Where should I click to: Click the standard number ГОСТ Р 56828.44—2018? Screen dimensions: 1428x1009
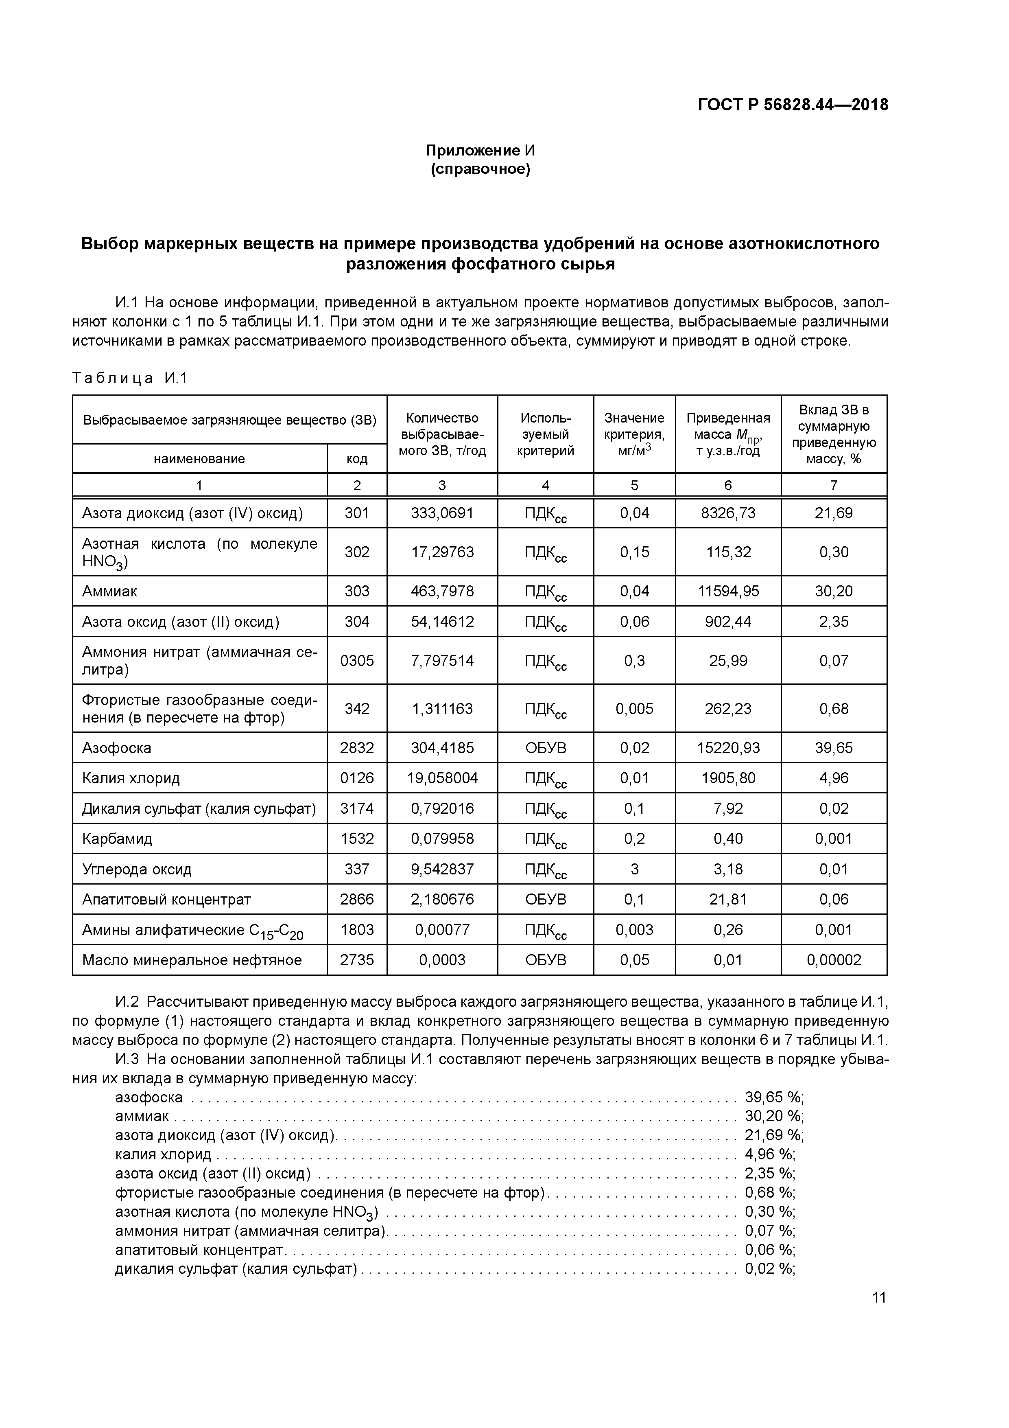point(793,105)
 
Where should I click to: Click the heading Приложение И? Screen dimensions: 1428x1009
point(480,151)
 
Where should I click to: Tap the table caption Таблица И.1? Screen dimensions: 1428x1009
point(129,378)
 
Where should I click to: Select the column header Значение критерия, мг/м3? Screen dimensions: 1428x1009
point(634,434)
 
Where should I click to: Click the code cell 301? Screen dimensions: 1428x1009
point(357,513)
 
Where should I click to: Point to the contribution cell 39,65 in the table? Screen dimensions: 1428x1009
point(834,748)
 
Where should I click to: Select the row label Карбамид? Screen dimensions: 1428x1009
point(117,839)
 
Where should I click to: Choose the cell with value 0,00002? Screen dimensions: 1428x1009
point(834,960)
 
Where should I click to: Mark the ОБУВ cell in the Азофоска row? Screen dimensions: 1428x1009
point(545,748)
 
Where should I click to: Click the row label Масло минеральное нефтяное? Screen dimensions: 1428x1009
point(192,960)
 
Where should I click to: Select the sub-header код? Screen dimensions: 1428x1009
point(357,459)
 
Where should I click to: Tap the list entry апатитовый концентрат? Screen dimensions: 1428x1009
point(199,1250)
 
